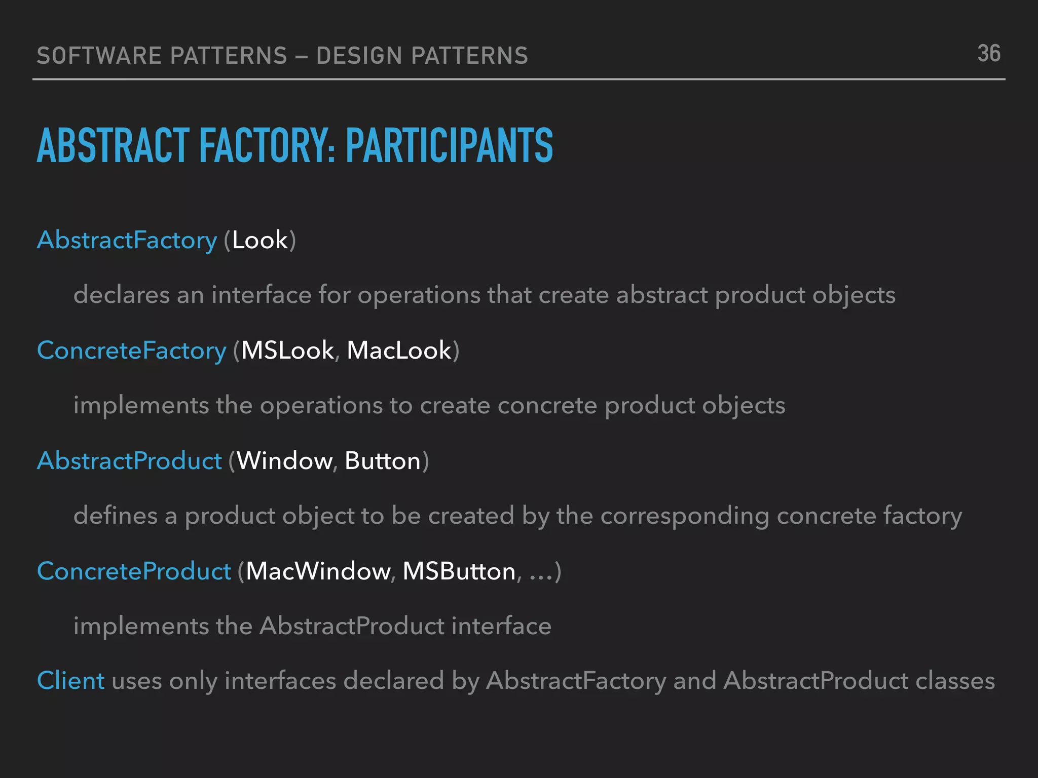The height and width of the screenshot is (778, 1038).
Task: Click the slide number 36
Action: point(989,54)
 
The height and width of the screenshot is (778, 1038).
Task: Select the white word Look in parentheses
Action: point(260,240)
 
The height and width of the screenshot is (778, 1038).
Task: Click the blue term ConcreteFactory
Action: point(132,351)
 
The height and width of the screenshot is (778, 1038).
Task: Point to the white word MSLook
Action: point(287,351)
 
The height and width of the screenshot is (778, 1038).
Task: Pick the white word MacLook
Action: point(399,351)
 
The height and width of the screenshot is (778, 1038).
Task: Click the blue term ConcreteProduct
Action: point(134,571)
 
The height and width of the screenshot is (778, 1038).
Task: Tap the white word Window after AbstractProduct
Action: point(284,461)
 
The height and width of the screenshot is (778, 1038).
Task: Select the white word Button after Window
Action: point(383,461)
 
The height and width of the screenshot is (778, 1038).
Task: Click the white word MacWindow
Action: point(318,571)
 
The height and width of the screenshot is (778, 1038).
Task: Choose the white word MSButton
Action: point(459,571)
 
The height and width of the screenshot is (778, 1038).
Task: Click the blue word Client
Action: point(71,680)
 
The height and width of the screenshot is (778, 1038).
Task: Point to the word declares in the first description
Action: point(122,295)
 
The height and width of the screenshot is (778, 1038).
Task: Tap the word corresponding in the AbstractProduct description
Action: point(685,516)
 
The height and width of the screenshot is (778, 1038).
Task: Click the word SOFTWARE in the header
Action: point(99,56)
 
